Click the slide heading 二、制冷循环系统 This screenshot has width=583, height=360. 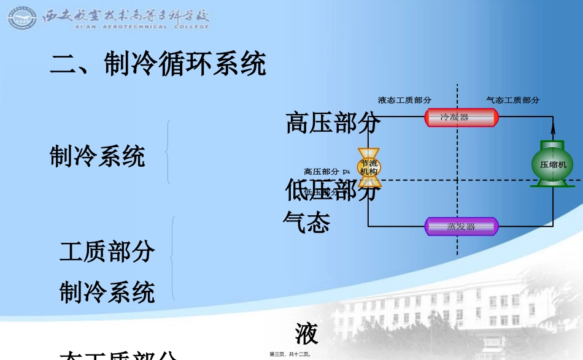click(x=158, y=64)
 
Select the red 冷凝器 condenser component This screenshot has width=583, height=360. click(x=461, y=117)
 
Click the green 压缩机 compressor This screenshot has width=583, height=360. click(x=552, y=164)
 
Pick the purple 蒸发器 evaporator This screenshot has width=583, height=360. click(x=461, y=226)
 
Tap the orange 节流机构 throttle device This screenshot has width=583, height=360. click(x=369, y=167)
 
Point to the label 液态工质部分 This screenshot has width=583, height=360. click(x=404, y=100)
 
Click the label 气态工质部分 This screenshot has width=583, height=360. click(x=512, y=100)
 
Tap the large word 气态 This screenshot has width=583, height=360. click(x=307, y=223)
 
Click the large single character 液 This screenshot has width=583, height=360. click(x=306, y=334)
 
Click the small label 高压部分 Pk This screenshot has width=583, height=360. click(x=326, y=172)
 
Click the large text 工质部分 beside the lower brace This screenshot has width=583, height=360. click(x=107, y=251)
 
